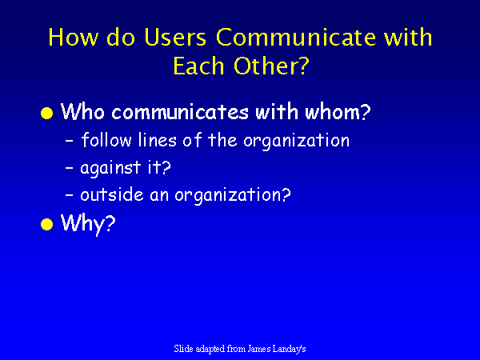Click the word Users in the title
[x=175, y=37]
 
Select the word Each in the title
[x=198, y=66]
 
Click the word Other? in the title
[x=271, y=66]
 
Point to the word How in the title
[x=73, y=37]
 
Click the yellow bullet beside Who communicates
[x=47, y=113]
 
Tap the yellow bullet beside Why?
[x=47, y=224]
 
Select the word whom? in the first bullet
[x=338, y=111]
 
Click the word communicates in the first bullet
[x=180, y=112]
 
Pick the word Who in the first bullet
[x=82, y=111]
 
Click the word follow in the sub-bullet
[x=106, y=140]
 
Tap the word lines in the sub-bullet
[x=158, y=140]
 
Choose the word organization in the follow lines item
[x=297, y=142]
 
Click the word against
[x=110, y=168]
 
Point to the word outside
[x=112, y=194]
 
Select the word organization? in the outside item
[x=233, y=196]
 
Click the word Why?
[x=88, y=224]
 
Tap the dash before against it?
[x=70, y=168]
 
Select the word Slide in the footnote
[x=183, y=348]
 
